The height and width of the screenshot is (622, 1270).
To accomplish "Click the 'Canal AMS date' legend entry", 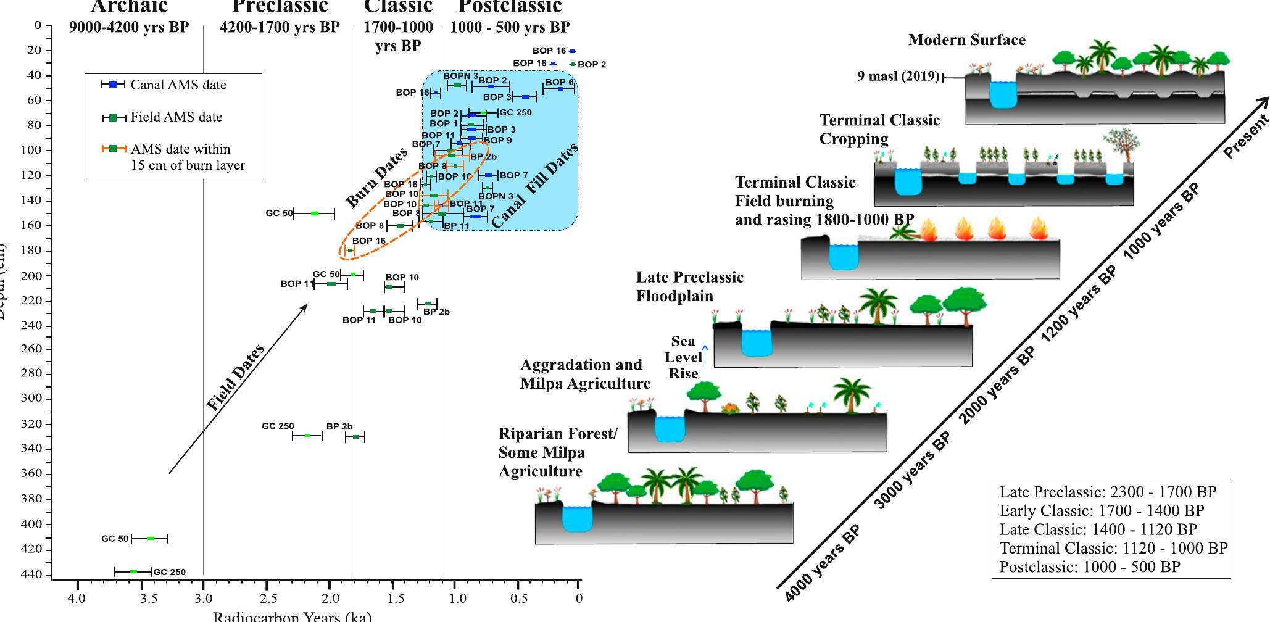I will pos(178,85).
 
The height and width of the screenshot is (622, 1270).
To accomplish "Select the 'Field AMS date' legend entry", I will pos(176,117).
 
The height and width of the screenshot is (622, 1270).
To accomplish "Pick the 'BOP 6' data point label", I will pos(559,82).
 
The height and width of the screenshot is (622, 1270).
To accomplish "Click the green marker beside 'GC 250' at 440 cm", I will pos(133,572).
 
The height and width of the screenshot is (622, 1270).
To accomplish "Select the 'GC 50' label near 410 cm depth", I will pos(115,539).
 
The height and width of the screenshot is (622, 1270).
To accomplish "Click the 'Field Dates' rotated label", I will pos(236,378).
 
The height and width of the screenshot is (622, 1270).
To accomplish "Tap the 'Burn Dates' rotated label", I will pos(376,178).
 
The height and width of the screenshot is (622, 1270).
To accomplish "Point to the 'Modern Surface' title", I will pos(966,40).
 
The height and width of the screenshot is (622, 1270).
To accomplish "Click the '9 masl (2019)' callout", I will pos(898,77).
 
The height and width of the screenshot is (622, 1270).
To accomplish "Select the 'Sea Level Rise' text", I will pos(683,357).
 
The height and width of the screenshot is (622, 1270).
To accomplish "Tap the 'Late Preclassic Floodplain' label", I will pos(689,286).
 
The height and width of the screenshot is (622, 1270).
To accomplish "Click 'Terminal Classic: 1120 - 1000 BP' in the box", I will pos(1113,548).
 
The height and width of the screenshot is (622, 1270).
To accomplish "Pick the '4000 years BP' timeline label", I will pos(823,563).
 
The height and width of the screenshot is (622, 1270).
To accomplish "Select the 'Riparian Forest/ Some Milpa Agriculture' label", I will pos(557,452).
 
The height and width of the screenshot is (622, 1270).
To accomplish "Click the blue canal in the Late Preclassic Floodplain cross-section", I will pos(756,343).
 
